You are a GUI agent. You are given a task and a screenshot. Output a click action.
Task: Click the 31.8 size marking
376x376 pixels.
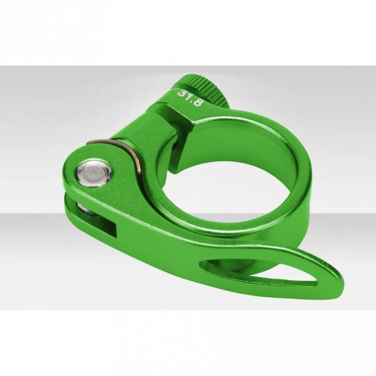pyautogui.click(x=191, y=97)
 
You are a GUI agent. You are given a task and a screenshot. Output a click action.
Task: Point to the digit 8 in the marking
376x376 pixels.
pyautogui.click(x=198, y=102)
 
